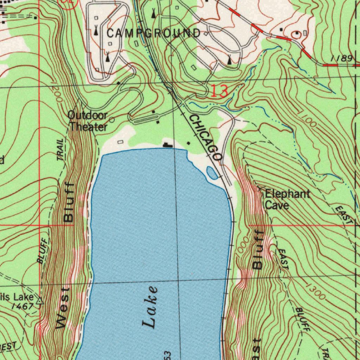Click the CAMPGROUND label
pyautogui.click(x=154, y=33)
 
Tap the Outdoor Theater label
pyautogui.click(x=88, y=121)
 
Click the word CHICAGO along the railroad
pyautogui.click(x=205, y=137)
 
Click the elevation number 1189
pyautogui.click(x=341, y=59)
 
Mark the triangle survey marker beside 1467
pyautogui.click(x=40, y=301)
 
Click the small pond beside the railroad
pyautogui.click(x=212, y=173)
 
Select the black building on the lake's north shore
pyautogui.click(x=167, y=144)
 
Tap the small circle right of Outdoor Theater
pyautogui.click(x=112, y=120)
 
